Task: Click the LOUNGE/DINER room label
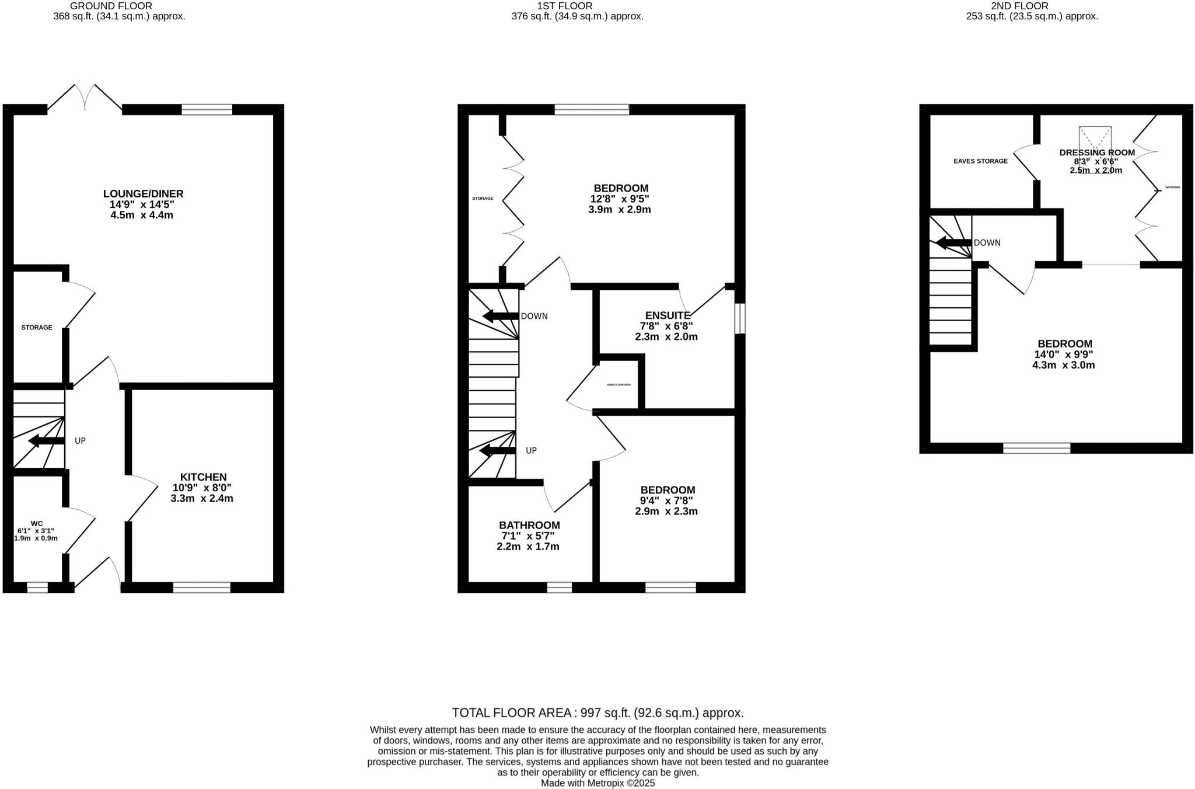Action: tap(143, 194)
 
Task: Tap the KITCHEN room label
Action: tap(202, 477)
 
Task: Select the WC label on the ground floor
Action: tap(37, 523)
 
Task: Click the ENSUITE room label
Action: tap(668, 315)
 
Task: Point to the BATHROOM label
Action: tap(529, 525)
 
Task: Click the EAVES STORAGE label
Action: tap(980, 161)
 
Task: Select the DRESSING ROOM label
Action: tap(1097, 152)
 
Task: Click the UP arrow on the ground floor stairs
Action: tap(46, 441)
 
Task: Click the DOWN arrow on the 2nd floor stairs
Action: tap(954, 243)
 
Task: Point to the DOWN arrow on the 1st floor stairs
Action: tap(501, 317)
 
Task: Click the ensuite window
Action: tap(739, 318)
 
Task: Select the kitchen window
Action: tap(202, 587)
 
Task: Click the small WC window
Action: tap(37, 587)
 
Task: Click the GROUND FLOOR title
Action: tap(111, 6)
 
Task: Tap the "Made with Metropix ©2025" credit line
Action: tap(597, 783)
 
